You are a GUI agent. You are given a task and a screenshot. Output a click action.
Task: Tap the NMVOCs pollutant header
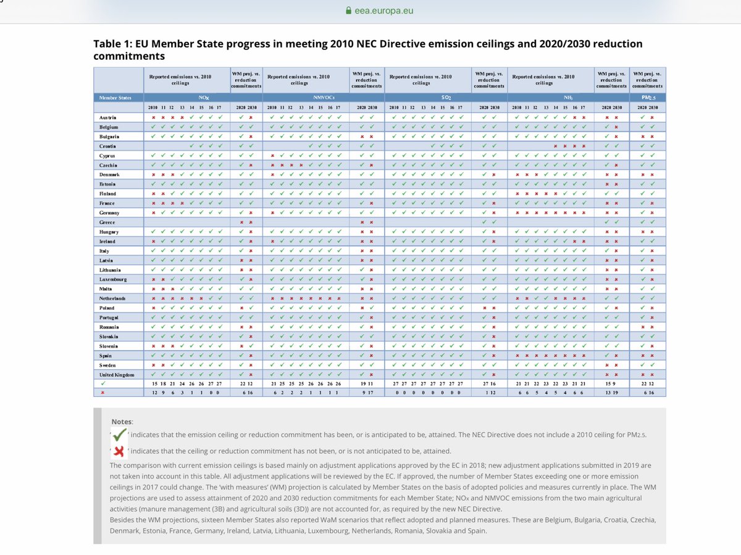(324, 97)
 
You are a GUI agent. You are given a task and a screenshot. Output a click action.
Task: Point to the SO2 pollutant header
(445, 97)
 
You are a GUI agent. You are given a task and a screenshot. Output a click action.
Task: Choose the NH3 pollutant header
(566, 97)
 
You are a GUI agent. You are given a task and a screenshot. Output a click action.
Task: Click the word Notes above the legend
(122, 421)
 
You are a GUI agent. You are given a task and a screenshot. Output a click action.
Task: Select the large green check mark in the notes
(120, 435)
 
